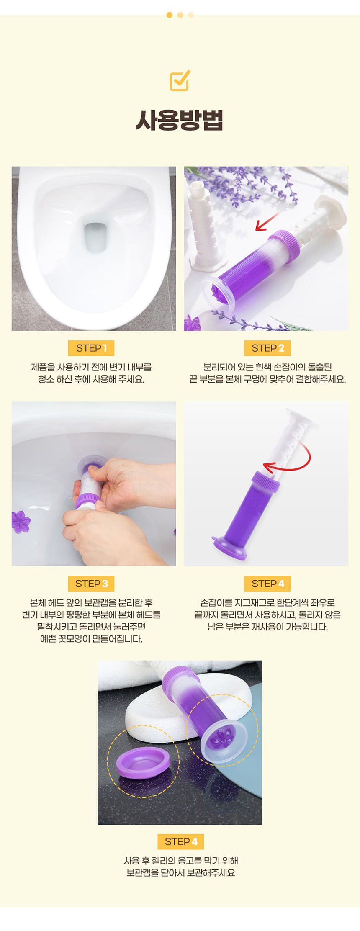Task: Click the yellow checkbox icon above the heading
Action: pyautogui.click(x=180, y=80)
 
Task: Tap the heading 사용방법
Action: pyautogui.click(x=180, y=120)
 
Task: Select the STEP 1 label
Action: pyautogui.click(x=91, y=348)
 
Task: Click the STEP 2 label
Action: pyautogui.click(x=268, y=348)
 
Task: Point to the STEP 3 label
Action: pyautogui.click(x=91, y=584)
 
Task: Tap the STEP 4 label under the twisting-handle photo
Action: pyautogui.click(x=268, y=584)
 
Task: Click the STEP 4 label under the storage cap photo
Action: pyautogui.click(x=181, y=841)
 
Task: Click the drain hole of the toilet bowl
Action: pyautogui.click(x=95, y=237)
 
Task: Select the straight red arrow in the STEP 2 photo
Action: pyautogui.click(x=268, y=221)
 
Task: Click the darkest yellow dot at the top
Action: pyautogui.click(x=169, y=15)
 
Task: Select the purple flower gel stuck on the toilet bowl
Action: pyautogui.click(x=21, y=522)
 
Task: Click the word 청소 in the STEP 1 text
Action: pyautogui.click(x=46, y=379)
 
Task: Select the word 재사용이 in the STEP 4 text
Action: pyautogui.click(x=267, y=627)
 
